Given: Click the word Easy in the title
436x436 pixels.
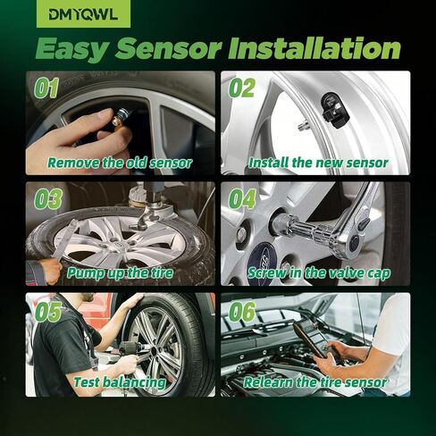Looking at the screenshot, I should pyautogui.click(x=81, y=47).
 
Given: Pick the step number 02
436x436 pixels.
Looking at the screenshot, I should pyautogui.click(x=240, y=88).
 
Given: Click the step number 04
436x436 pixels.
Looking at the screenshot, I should pyautogui.click(x=241, y=198).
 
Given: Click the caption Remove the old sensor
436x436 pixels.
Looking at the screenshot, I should pyautogui.click(x=120, y=163).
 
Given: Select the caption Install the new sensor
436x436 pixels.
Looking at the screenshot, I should pyautogui.click(x=318, y=163).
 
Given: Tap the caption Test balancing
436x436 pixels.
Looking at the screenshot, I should pyautogui.click(x=120, y=382).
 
